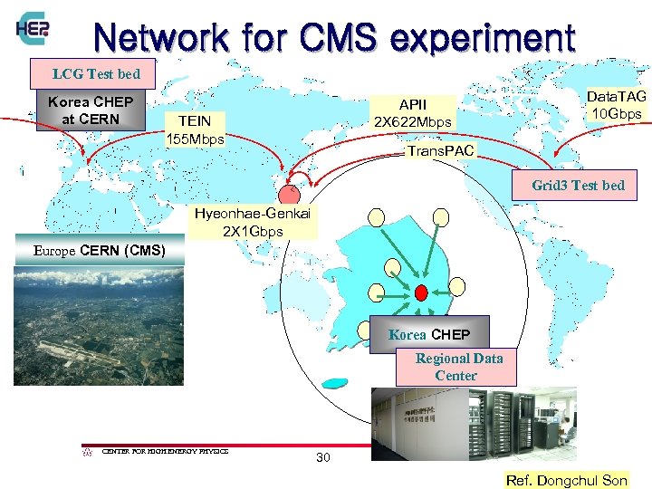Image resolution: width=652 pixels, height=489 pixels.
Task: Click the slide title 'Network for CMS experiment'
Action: tap(333, 37)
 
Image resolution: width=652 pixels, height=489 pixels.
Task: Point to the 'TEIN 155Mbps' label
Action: tap(195, 129)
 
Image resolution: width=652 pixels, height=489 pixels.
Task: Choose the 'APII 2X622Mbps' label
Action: tap(412, 113)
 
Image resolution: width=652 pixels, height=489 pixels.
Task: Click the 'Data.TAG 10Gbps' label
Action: tap(616, 104)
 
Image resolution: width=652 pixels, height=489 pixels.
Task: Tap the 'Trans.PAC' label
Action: tap(440, 150)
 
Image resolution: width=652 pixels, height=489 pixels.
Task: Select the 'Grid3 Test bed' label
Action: tap(578, 185)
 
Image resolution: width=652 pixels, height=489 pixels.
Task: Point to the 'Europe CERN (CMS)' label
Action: tap(99, 250)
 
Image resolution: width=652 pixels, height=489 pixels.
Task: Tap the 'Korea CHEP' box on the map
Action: tap(429, 333)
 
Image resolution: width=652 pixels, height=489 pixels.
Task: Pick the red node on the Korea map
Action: tap(421, 292)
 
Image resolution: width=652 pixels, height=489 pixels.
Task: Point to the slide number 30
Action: tap(323, 457)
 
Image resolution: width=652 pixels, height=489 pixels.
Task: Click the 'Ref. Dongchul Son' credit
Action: tap(566, 480)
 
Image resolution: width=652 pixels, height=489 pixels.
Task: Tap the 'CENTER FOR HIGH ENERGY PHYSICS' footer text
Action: tap(165, 450)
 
